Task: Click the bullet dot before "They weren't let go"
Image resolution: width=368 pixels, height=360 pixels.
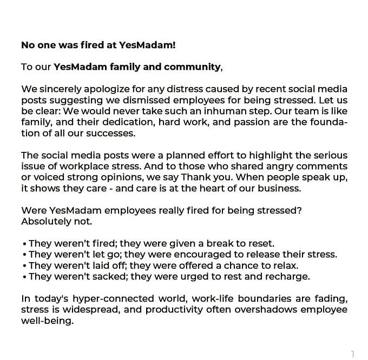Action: [24, 255]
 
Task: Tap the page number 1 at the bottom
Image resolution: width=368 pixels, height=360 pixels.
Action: [353, 354]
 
